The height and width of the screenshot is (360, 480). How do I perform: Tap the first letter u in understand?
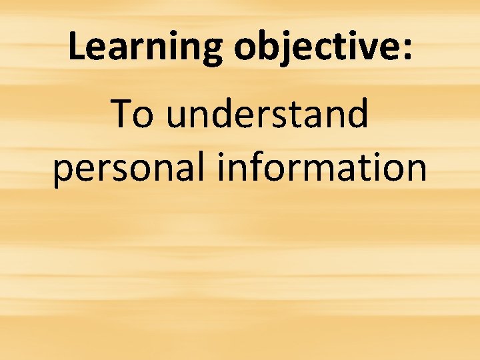tap(175, 116)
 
